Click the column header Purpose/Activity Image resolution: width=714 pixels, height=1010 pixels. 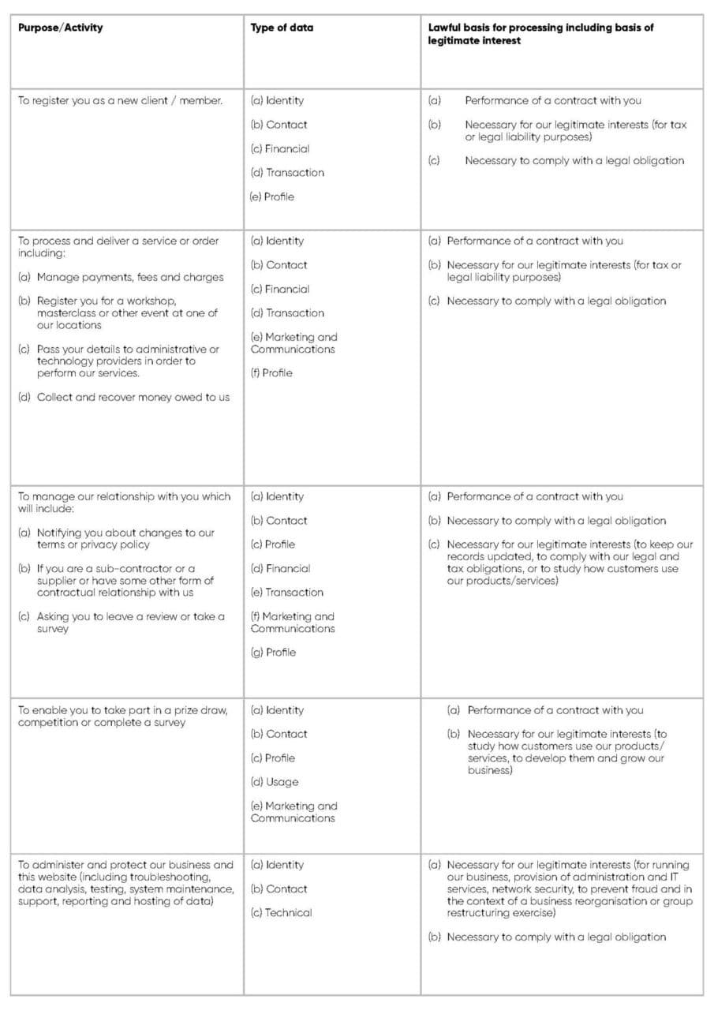pos(61,28)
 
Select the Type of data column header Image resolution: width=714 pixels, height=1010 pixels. pos(282,28)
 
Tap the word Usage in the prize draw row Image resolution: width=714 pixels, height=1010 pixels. pos(282,782)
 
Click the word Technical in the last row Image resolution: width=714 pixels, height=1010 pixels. pos(288,913)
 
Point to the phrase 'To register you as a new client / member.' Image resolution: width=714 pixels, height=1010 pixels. pos(120,101)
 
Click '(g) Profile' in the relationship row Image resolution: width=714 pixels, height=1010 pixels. pos(273,653)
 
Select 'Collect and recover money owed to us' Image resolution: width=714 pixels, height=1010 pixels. pos(133,397)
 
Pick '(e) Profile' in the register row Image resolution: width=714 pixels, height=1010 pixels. pos(272,196)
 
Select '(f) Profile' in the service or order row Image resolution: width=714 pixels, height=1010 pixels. pos(272,373)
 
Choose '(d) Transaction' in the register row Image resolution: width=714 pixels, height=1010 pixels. pos(287,173)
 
